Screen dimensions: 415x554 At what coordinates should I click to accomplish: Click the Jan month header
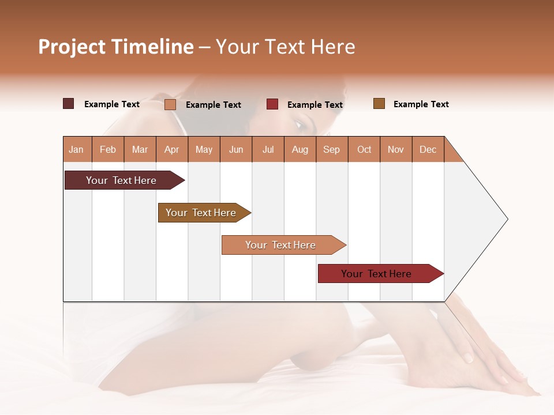[76, 149]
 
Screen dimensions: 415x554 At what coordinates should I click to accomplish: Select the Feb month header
[108, 149]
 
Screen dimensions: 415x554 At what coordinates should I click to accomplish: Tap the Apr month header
[171, 149]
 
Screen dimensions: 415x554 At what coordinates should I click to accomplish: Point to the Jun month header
[236, 149]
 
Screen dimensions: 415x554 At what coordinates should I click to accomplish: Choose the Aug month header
[300, 149]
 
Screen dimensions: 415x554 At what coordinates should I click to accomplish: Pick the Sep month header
[331, 149]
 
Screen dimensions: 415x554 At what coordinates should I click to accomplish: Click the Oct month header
[364, 149]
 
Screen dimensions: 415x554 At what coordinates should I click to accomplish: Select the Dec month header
[428, 149]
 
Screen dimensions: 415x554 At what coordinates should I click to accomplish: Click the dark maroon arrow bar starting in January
[121, 180]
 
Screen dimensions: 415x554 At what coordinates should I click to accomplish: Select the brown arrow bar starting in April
[201, 213]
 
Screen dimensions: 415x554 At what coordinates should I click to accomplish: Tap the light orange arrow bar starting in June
[280, 245]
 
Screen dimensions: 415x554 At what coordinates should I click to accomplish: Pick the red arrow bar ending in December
[376, 274]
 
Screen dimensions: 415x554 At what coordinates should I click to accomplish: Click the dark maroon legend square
[69, 104]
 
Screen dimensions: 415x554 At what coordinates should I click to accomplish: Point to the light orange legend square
[170, 104]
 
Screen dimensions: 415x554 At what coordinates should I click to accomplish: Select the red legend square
[272, 104]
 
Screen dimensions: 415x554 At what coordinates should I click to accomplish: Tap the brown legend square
[379, 104]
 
